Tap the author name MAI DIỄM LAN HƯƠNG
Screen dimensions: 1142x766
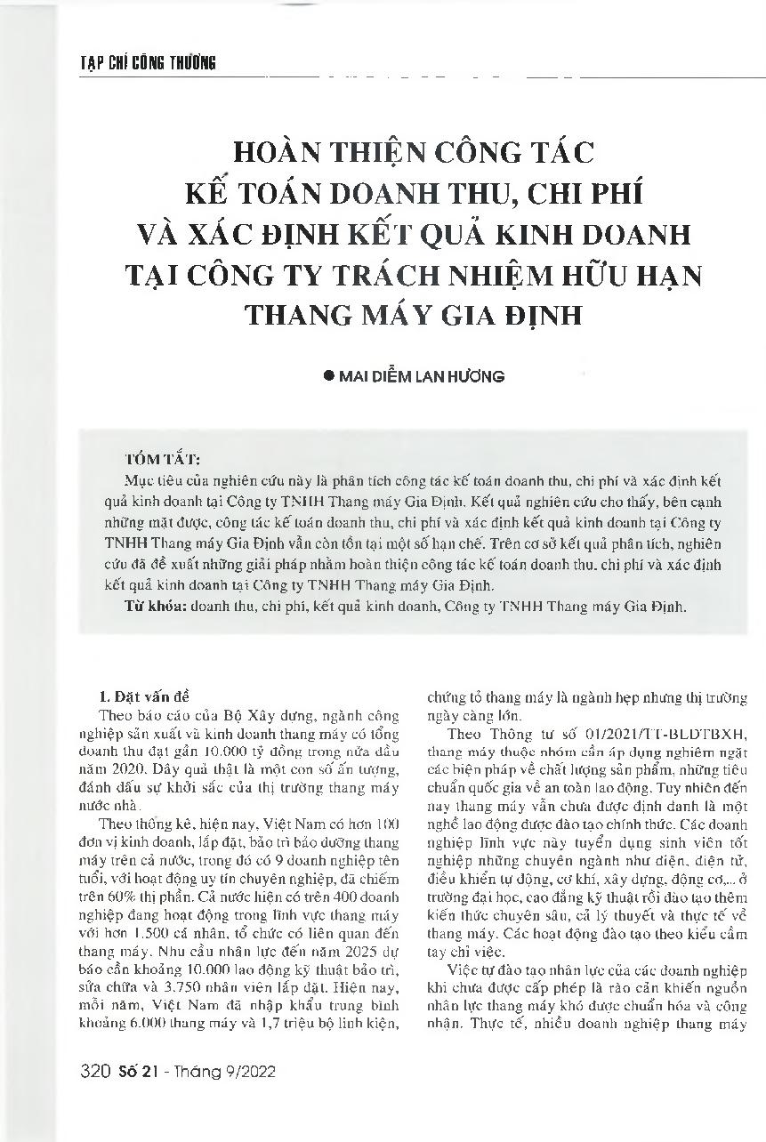coord(423,376)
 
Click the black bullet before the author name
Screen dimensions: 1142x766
coord(328,376)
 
